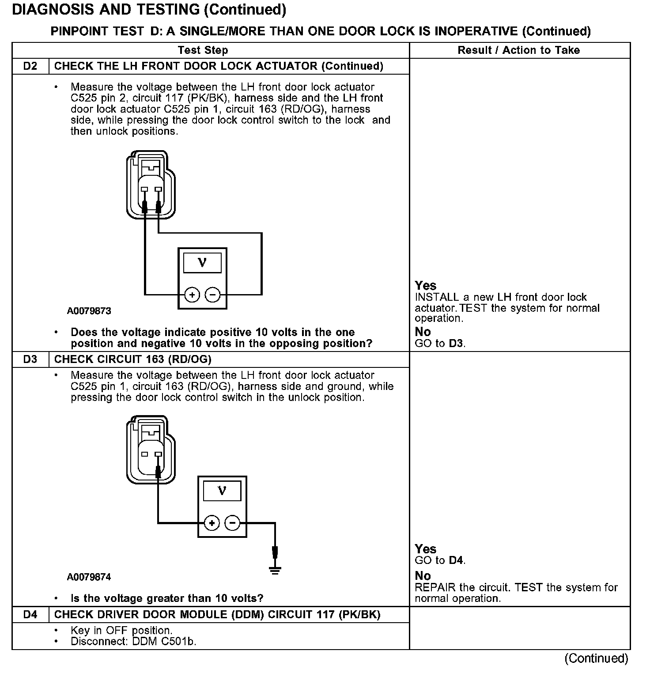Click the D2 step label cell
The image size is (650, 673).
click(30, 66)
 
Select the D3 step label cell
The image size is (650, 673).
click(30, 359)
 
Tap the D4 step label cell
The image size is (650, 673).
click(30, 615)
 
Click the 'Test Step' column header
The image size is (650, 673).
click(203, 50)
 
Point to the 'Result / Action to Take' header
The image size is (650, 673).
click(518, 50)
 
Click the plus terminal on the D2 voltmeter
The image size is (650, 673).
click(192, 295)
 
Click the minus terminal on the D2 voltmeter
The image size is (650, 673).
click(213, 295)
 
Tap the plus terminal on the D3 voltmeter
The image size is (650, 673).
click(212, 523)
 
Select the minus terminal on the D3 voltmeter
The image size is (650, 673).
click(233, 523)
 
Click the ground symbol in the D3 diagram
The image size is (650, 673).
click(275, 570)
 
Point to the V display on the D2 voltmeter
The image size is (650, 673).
click(202, 263)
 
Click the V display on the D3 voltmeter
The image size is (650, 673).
click(222, 491)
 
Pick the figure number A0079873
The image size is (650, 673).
click(89, 311)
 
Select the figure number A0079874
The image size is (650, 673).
click(89, 577)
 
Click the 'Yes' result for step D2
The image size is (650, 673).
click(425, 286)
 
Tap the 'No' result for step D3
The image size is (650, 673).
click(423, 576)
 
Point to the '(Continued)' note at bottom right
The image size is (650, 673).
click(596, 658)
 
